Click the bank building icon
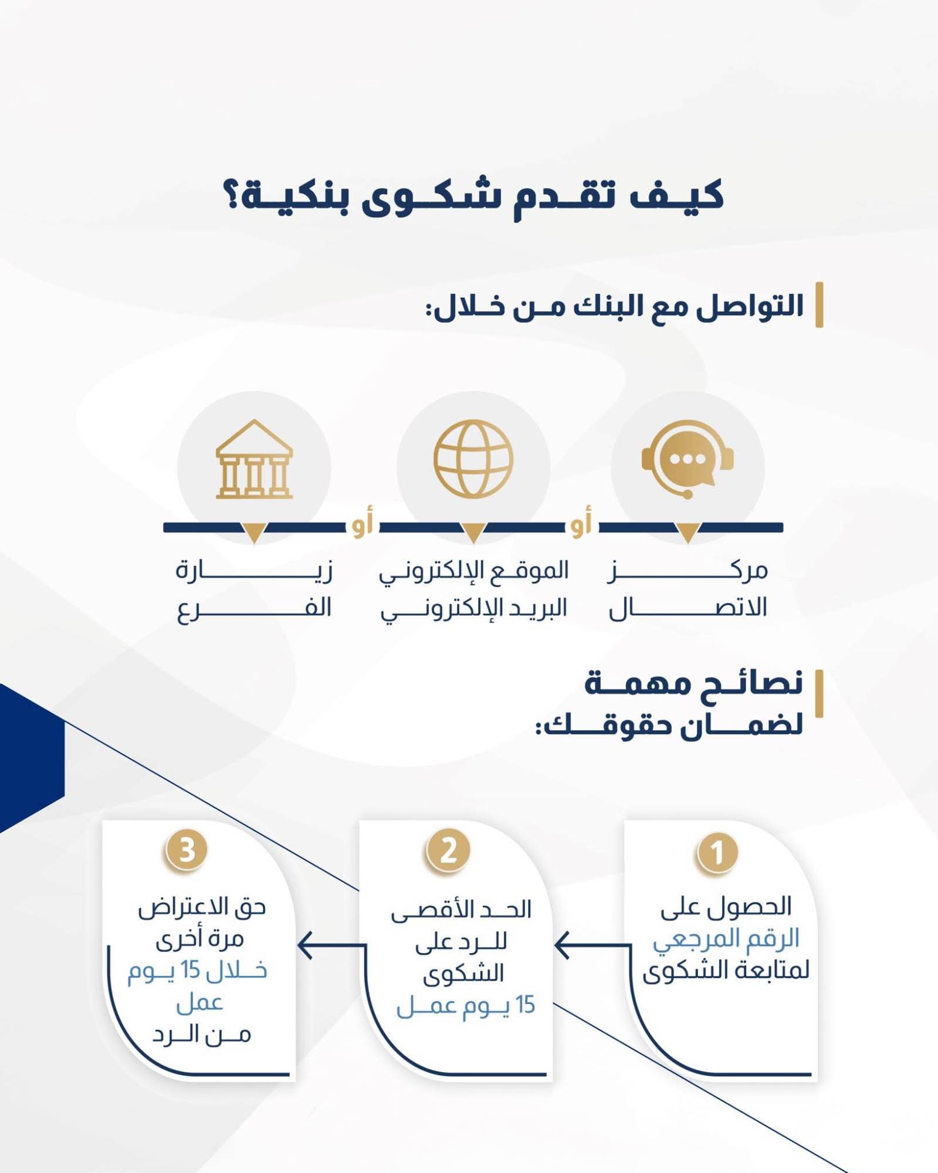point(254,459)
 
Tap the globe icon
point(473,459)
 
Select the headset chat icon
point(688,459)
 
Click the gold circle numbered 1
point(717,853)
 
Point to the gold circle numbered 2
point(448,850)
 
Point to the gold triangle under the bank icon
point(255,532)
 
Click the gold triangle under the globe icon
point(473,532)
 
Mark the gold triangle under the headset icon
point(688,532)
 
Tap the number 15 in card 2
point(525,1005)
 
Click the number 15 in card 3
point(191,970)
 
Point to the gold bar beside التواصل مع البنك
point(820,304)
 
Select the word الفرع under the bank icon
point(255,609)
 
